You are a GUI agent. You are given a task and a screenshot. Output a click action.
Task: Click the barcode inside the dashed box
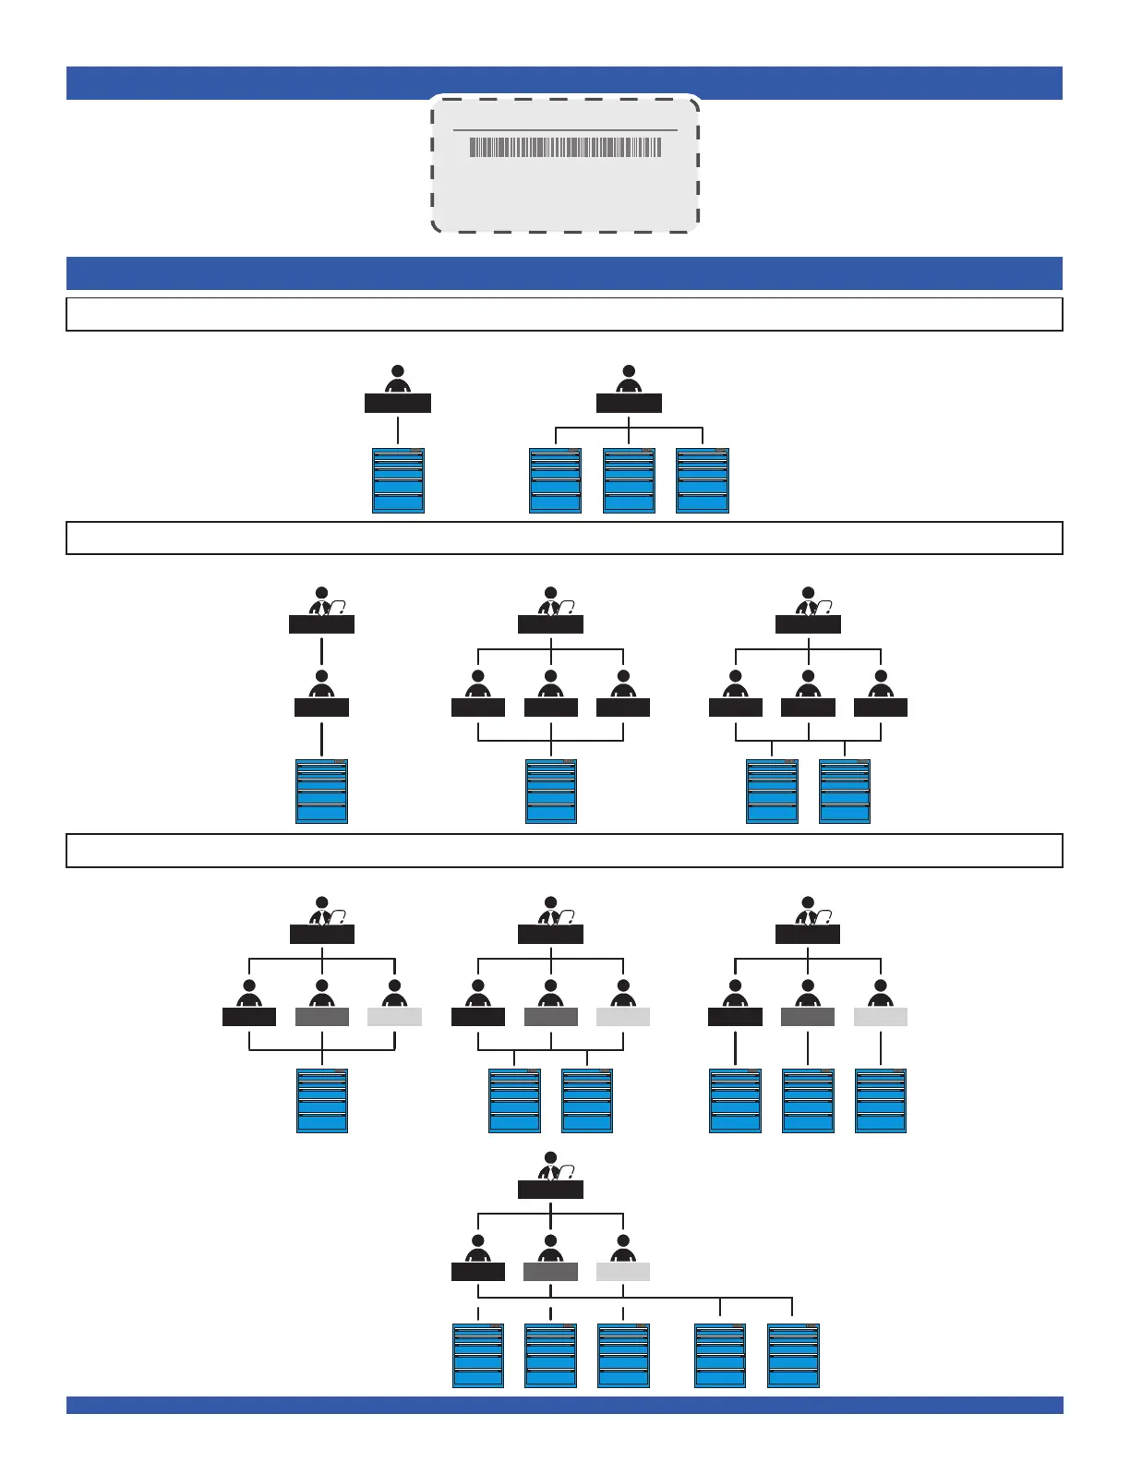pyautogui.click(x=565, y=147)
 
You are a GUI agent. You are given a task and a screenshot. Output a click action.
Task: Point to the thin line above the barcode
pyautogui.click(x=565, y=130)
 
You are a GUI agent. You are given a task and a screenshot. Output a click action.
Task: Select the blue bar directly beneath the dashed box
pyautogui.click(x=564, y=273)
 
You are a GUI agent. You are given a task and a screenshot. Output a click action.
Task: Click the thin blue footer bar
pyautogui.click(x=564, y=1405)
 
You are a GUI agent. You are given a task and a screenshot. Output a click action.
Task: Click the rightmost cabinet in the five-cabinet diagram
pyautogui.click(x=793, y=1355)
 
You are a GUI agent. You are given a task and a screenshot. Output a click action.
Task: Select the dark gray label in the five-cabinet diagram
pyautogui.click(x=551, y=1272)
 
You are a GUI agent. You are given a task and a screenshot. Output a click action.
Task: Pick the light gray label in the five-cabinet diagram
pyautogui.click(x=623, y=1272)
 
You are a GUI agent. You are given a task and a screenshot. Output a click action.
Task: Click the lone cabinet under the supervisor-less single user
pyautogui.click(x=398, y=480)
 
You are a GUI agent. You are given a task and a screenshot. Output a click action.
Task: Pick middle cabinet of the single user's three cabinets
pyautogui.click(x=629, y=480)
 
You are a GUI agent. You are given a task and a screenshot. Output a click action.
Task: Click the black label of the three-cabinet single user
pyautogui.click(x=629, y=404)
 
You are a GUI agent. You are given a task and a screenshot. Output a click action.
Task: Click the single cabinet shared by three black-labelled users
pyautogui.click(x=551, y=791)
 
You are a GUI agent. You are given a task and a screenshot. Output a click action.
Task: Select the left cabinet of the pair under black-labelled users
pyautogui.click(x=772, y=791)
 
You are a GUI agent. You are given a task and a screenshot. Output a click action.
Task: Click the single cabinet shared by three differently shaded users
pyautogui.click(x=322, y=1100)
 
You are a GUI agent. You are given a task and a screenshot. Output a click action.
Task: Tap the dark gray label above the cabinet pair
pyautogui.click(x=551, y=1017)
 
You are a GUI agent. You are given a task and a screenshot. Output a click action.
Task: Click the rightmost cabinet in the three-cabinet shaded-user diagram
pyautogui.click(x=881, y=1100)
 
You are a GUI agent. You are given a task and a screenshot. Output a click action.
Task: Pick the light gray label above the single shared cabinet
pyautogui.click(x=394, y=1017)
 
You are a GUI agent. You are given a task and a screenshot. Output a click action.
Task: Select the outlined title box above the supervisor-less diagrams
pyautogui.click(x=564, y=314)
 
